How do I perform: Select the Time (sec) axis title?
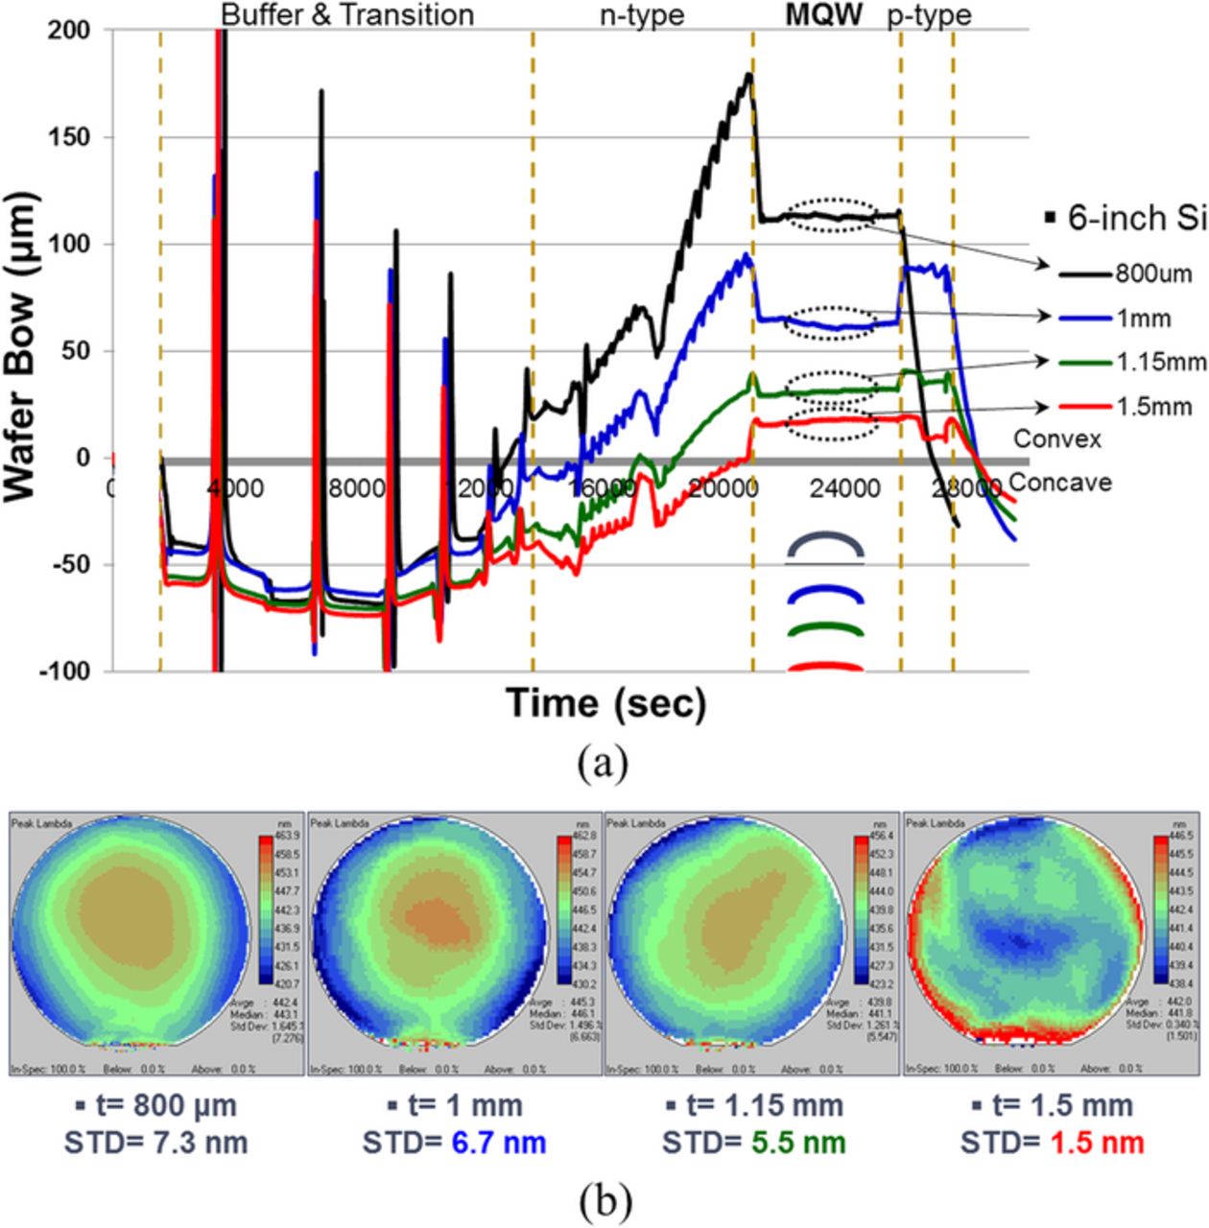606,703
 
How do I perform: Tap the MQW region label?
823,15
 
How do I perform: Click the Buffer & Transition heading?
347,15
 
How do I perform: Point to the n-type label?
642,15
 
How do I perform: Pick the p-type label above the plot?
929,15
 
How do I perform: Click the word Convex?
1057,438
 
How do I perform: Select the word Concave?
1060,482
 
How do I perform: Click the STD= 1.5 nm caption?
1053,1142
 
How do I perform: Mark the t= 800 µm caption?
154,1105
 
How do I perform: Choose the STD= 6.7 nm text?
454,1142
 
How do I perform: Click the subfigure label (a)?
605,765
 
